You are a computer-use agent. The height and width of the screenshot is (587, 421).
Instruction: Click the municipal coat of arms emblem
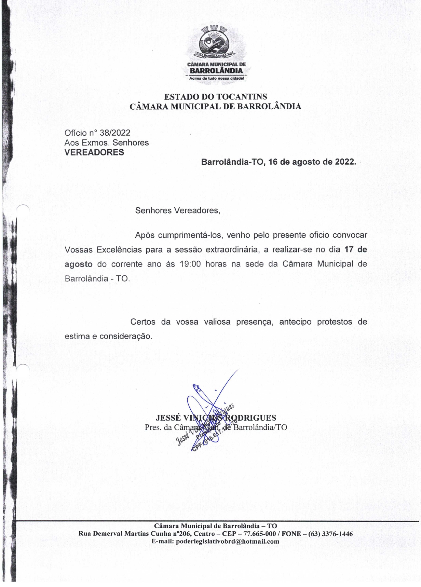coord(216,43)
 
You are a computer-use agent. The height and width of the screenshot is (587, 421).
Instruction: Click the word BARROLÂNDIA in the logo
coord(216,71)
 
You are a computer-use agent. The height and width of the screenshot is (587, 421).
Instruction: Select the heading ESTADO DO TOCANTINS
coord(216,97)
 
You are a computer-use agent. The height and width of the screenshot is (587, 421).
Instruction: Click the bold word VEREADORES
coord(94,152)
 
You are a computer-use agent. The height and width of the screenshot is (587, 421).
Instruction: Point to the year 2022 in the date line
coord(344,162)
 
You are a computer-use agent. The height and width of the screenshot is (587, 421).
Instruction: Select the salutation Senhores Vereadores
coord(178,210)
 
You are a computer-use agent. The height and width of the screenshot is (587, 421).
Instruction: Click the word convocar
coord(350,235)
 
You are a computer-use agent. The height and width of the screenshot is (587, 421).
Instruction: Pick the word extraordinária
coord(229,250)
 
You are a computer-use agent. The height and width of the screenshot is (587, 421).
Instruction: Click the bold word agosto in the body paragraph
coord(79,264)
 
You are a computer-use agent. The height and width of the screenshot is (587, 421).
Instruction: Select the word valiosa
coord(218,322)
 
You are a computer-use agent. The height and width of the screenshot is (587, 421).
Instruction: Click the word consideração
coord(126,336)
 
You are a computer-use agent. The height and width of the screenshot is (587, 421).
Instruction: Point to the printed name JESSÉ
coord(168,418)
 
